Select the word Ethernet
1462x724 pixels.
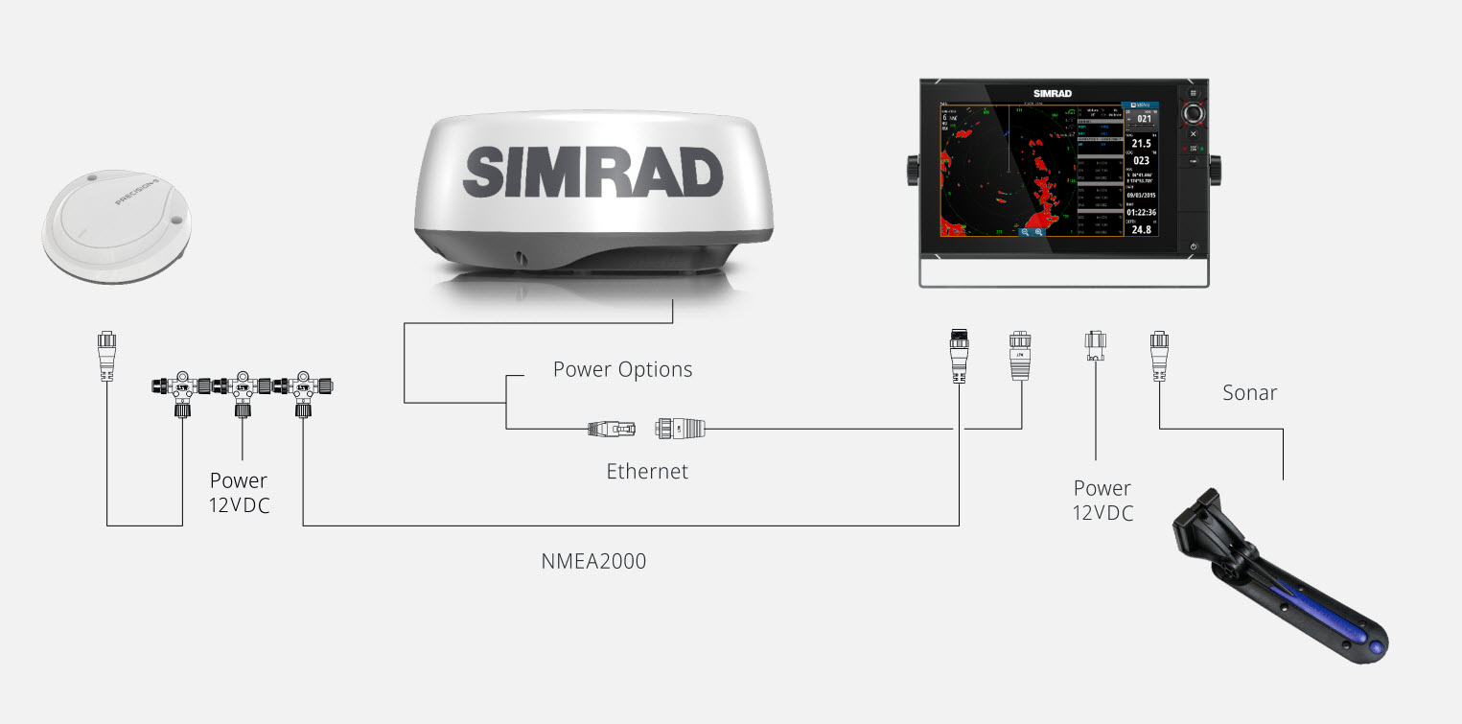pyautogui.click(x=647, y=471)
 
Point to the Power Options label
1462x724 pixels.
pyautogui.click(x=622, y=369)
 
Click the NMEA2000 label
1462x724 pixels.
pyautogui.click(x=593, y=561)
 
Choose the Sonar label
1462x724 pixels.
pyautogui.click(x=1250, y=392)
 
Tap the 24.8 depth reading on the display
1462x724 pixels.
pyautogui.click(x=1141, y=229)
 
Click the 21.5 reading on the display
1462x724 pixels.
pyautogui.click(x=1142, y=143)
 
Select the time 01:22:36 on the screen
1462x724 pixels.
pyautogui.click(x=1141, y=212)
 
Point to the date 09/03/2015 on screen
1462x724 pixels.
pyautogui.click(x=1141, y=195)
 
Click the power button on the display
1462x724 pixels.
pyautogui.click(x=1194, y=246)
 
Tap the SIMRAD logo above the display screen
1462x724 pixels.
pyautogui.click(x=1052, y=93)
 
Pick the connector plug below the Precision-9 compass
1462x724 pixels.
pyautogui.click(x=106, y=357)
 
